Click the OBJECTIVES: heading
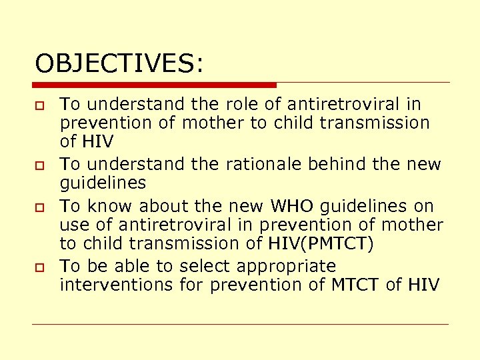click(x=120, y=64)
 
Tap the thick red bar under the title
click(x=155, y=85)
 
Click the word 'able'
click(x=133, y=265)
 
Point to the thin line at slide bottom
click(x=240, y=325)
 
